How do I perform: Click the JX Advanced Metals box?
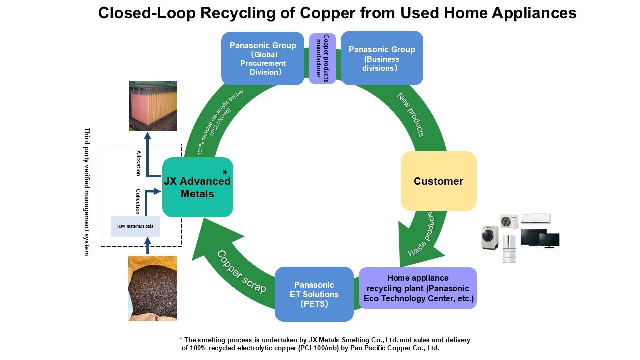[198, 187]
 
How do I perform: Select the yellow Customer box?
[438, 181]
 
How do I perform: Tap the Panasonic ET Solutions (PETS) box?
[314, 294]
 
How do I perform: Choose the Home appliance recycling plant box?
[418, 288]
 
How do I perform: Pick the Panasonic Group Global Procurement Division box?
[262, 58]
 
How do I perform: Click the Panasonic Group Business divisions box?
[382, 58]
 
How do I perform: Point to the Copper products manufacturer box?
[322, 58]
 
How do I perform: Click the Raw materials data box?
[135, 226]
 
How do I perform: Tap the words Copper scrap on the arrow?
[241, 271]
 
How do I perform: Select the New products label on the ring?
[411, 114]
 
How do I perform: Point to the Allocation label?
[138, 163]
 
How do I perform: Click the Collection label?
[138, 201]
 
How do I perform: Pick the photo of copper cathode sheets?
[152, 106]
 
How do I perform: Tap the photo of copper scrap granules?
[152, 288]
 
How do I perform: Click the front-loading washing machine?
[490, 238]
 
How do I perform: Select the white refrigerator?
[509, 248]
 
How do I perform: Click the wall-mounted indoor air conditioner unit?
[535, 219]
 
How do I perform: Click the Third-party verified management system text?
[87, 192]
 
